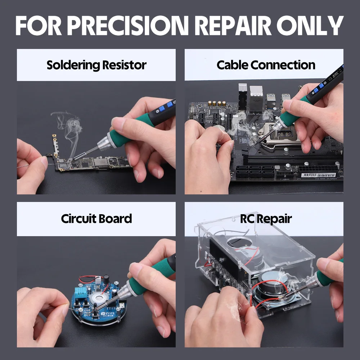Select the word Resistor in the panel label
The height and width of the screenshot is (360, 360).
pyautogui.click(x=124, y=65)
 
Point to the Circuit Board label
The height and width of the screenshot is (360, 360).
pyautogui.click(x=96, y=219)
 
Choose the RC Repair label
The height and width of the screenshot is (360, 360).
pyautogui.click(x=266, y=219)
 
